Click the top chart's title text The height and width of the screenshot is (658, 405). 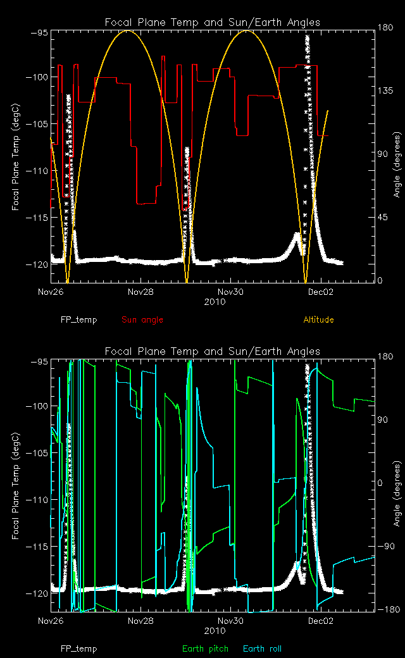212,23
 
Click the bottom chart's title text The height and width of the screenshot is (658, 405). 212,351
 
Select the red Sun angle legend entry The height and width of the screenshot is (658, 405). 142,320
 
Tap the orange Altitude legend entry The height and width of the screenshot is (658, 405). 318,320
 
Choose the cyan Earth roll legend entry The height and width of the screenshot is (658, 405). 262,649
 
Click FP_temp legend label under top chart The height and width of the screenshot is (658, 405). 78,320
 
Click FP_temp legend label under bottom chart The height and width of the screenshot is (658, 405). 78,649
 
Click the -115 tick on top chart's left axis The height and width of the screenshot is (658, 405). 34,217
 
